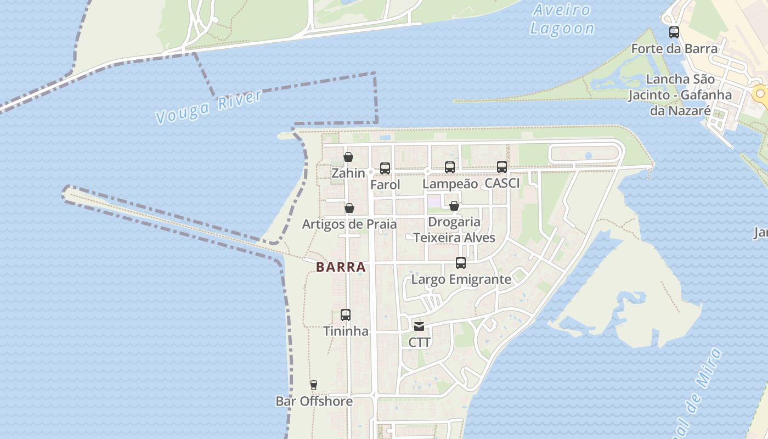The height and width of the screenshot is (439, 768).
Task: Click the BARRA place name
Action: [341, 267]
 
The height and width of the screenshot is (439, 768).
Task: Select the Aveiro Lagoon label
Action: [562, 20]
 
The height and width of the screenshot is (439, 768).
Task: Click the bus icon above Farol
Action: [385, 168]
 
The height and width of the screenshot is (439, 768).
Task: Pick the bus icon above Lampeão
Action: [450, 167]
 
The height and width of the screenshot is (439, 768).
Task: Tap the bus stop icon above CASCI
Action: [502, 167]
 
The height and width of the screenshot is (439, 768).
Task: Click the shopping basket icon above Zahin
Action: [348, 157]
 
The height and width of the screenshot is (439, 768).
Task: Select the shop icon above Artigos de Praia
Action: [349, 208]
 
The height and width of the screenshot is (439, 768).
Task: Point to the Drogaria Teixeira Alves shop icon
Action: [454, 206]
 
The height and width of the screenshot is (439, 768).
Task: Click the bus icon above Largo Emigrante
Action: [461, 263]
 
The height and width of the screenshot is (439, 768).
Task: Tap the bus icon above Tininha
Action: [346, 315]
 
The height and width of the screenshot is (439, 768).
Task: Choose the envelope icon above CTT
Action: [420, 327]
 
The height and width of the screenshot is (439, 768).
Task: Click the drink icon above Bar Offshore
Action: [314, 385]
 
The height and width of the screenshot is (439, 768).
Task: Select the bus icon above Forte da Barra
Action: [674, 32]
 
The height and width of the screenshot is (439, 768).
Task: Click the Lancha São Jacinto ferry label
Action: [680, 95]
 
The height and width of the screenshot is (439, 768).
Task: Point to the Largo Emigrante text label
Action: [461, 279]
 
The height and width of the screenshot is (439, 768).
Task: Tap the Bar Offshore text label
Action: [314, 401]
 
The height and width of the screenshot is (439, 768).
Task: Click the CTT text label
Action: [420, 342]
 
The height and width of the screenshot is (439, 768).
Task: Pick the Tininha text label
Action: [346, 331]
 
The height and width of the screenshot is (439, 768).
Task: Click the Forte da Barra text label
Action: [674, 49]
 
